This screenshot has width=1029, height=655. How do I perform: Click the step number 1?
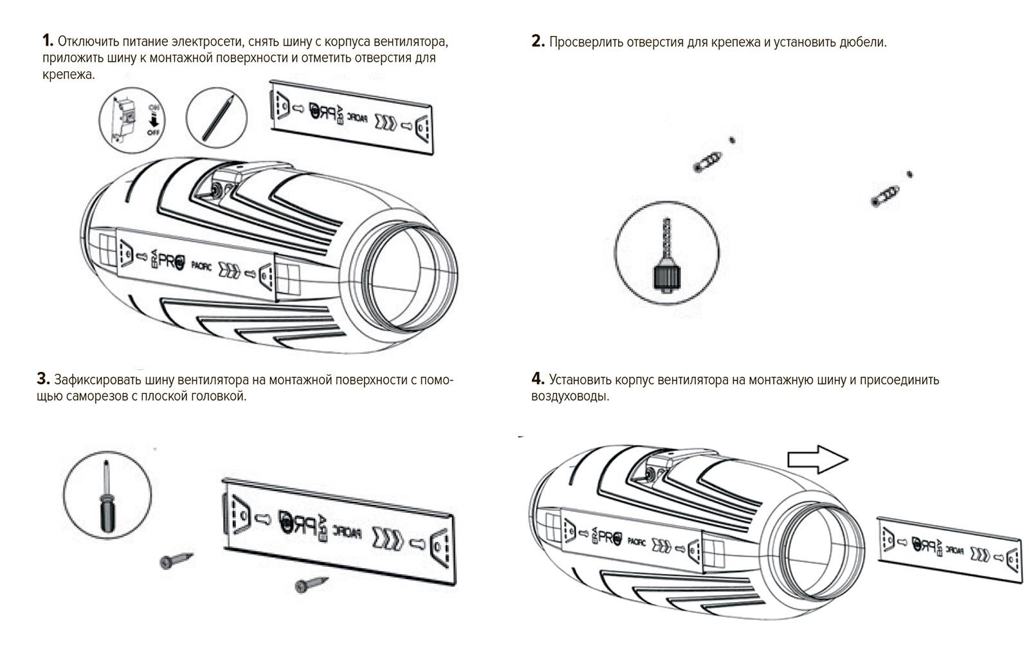[46, 41]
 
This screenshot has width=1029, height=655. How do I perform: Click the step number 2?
[538, 42]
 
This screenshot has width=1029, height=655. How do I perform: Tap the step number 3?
[43, 378]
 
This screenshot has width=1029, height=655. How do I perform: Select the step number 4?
[538, 378]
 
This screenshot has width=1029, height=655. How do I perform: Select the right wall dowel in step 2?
[885, 194]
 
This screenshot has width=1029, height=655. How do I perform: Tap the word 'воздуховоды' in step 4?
[570, 396]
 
